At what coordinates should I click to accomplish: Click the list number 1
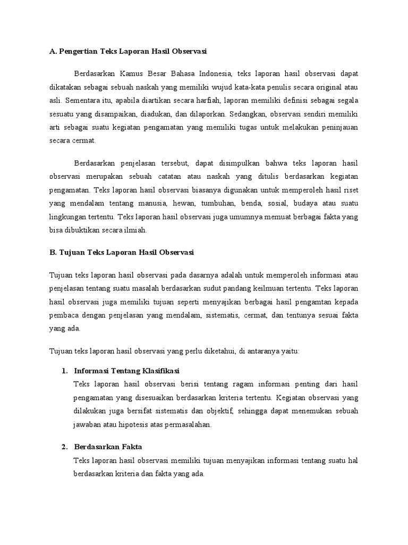pos(64,370)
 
